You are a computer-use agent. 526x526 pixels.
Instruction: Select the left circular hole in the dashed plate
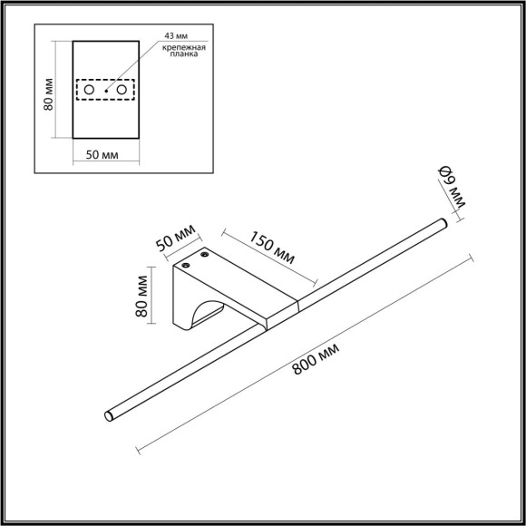coord(89,91)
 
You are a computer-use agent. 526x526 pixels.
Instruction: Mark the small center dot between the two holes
coord(106,91)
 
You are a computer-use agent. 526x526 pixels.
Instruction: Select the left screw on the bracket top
coord(186,266)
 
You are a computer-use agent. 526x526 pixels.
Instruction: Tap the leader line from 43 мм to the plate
coord(131,68)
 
